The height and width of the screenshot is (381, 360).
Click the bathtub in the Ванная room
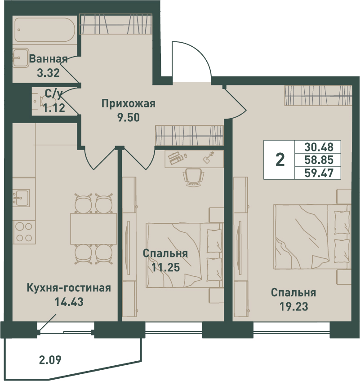click(x=45, y=30)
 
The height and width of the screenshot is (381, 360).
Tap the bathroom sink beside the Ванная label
click(x=21, y=58)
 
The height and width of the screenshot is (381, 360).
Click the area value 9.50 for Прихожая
click(x=129, y=118)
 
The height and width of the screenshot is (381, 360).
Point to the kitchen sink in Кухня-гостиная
click(x=21, y=198)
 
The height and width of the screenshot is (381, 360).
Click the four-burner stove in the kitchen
click(x=24, y=232)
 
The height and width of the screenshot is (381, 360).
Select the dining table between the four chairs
click(x=93, y=229)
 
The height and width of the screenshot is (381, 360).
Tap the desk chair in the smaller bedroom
click(x=193, y=177)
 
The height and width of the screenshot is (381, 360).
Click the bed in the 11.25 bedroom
click(x=185, y=255)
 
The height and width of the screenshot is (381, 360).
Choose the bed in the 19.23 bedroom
click(x=312, y=236)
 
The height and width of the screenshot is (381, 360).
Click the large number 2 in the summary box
click(x=280, y=160)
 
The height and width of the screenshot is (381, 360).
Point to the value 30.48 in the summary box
click(x=319, y=147)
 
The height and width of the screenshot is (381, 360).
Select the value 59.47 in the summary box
click(x=319, y=173)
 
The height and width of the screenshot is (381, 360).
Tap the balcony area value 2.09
click(x=50, y=359)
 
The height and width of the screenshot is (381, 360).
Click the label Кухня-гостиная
click(x=69, y=288)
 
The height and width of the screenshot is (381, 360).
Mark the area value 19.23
click(x=293, y=307)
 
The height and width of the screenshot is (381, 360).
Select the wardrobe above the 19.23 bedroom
click(x=318, y=95)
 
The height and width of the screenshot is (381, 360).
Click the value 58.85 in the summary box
click(x=319, y=160)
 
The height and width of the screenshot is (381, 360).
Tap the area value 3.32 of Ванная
click(x=48, y=73)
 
